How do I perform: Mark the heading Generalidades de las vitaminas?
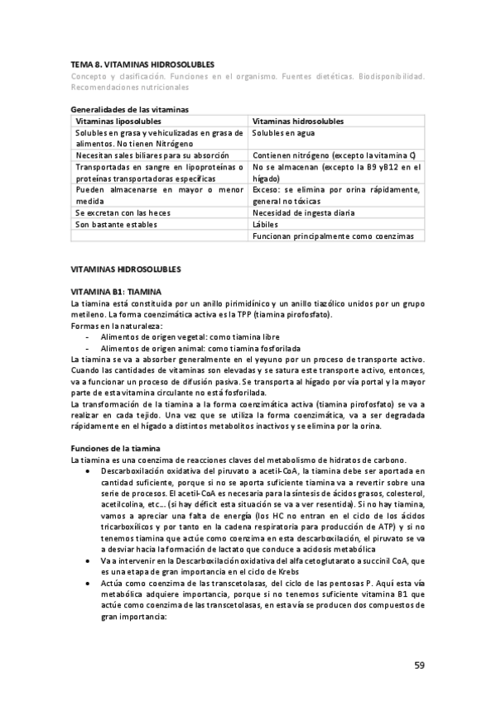130,109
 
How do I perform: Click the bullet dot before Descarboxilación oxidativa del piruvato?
89,470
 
